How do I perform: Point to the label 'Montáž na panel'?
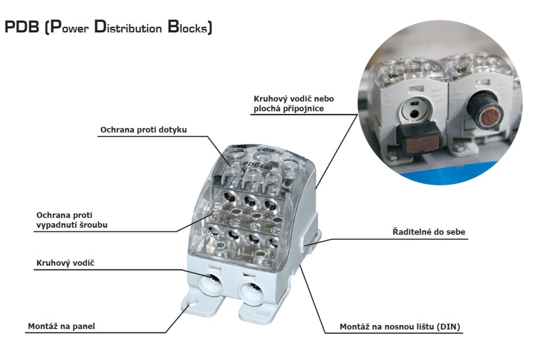(61, 327)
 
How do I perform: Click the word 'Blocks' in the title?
(189, 28)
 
